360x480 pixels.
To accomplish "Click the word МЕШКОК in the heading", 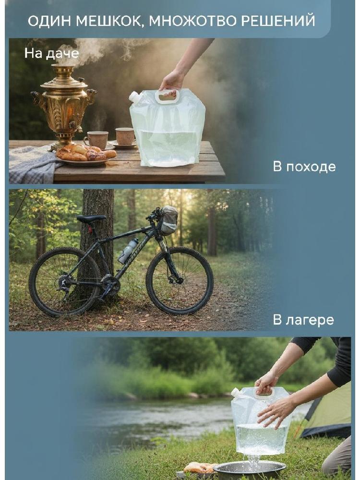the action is click(108, 21).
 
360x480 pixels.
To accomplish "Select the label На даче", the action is click(52, 53).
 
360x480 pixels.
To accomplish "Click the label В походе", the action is click(304, 167).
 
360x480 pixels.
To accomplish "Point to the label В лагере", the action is click(303, 320).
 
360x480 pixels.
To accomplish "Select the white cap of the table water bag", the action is click(134, 97).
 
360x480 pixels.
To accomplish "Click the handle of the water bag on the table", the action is click(167, 96).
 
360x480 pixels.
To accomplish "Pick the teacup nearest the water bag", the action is click(125, 137).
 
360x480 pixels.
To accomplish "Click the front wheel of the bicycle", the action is click(180, 281).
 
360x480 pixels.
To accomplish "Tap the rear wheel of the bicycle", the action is click(65, 282).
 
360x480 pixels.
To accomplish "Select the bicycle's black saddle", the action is click(91, 218).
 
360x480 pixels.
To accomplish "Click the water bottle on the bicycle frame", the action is click(128, 251).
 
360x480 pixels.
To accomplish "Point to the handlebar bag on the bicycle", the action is click(169, 220).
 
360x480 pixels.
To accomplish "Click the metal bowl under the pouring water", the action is click(250, 470).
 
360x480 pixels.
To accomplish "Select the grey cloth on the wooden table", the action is click(32, 164).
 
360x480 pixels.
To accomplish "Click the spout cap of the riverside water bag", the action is click(235, 392).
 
